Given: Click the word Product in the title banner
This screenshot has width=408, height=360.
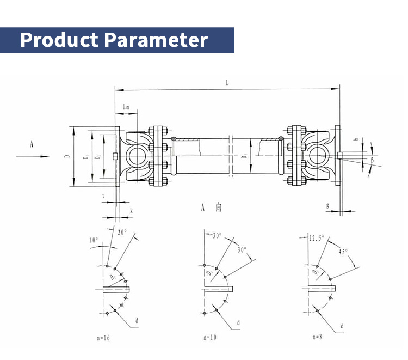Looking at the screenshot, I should (59, 40).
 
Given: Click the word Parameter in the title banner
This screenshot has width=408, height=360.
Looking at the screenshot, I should (157, 40).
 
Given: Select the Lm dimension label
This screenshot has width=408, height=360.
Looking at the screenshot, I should (126, 107).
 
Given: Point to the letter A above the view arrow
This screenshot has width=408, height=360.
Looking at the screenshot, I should (32, 144).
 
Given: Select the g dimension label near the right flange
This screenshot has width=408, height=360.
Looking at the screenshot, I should (327, 205).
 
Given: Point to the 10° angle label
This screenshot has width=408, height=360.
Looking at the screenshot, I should (94, 240).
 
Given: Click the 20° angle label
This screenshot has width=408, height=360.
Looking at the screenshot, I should (122, 231).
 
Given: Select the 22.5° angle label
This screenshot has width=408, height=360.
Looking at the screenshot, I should (316, 237).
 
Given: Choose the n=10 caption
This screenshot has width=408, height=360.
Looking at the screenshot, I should (209, 338).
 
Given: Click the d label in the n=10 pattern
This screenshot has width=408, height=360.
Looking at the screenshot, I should (238, 323).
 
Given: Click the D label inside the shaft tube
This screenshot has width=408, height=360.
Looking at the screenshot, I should (244, 157).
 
